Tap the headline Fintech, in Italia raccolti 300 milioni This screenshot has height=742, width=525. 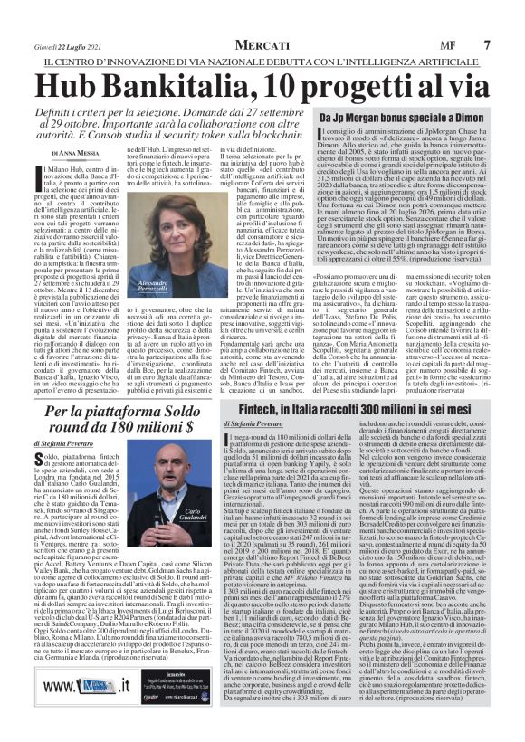pos(374,410)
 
